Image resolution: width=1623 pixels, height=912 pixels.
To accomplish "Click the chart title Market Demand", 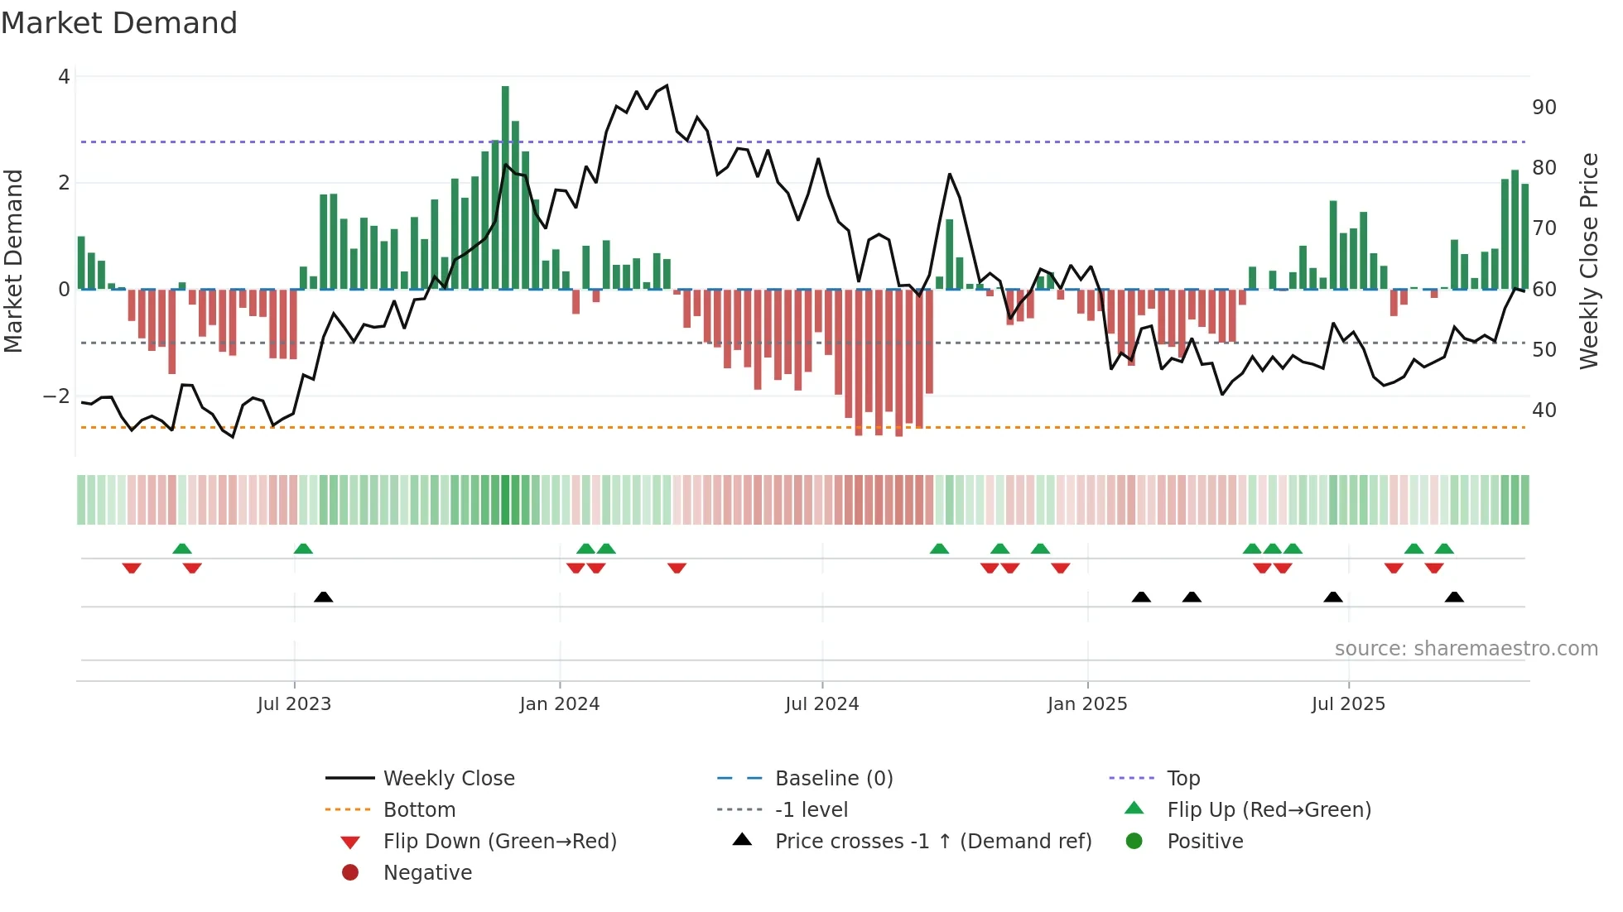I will (119, 23).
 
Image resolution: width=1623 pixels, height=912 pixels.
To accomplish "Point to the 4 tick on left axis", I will (64, 77).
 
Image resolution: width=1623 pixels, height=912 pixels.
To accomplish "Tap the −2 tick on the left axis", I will (56, 396).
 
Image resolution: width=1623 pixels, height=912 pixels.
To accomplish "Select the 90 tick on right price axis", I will (1544, 108).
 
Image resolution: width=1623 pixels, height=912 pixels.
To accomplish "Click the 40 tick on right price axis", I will (1544, 410).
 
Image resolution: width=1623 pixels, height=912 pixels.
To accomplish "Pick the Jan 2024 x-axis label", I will (559, 704).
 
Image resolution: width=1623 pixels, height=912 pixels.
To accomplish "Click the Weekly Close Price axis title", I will (1588, 262).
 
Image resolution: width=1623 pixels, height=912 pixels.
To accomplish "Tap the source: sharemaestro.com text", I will (1466, 649).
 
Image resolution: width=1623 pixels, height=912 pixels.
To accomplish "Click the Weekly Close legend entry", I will (448, 779).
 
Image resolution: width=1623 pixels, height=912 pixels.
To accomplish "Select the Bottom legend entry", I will (419, 810).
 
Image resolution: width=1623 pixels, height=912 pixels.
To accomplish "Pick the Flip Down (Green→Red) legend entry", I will (499, 842).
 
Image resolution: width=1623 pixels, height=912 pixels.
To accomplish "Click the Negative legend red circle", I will (350, 873).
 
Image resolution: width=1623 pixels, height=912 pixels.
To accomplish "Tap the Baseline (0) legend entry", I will (833, 779).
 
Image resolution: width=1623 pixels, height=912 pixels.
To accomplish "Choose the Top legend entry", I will (1182, 779).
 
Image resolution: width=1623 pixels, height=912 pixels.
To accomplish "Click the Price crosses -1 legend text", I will (932, 842).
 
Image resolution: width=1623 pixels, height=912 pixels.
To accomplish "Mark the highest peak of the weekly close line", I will (667, 85).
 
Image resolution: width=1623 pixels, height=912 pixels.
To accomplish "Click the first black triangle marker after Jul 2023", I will (324, 597).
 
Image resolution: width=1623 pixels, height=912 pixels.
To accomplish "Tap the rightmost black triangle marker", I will (1454, 597).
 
